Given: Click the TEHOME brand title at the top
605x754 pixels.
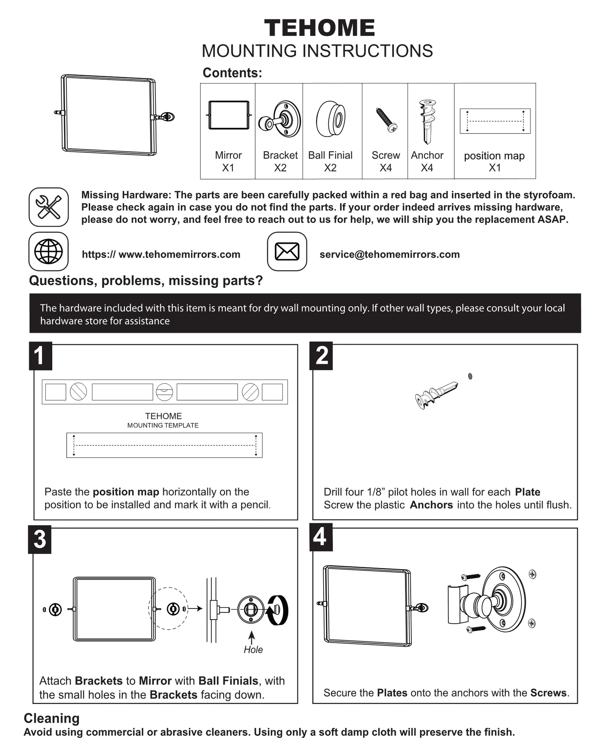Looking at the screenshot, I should click(x=319, y=28).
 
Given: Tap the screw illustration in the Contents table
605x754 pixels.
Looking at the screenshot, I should click(x=386, y=120).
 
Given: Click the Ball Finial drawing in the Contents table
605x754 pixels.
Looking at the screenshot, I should click(x=331, y=119).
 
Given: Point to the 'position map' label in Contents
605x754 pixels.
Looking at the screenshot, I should click(x=494, y=156).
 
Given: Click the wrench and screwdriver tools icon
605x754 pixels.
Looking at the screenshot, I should click(x=49, y=207).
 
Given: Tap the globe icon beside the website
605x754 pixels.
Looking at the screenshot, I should click(x=49, y=251).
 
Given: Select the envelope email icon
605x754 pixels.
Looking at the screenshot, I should click(x=287, y=251).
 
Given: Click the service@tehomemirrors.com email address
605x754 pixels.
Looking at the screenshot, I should click(x=390, y=254).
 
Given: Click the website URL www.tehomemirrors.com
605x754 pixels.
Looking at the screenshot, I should click(x=161, y=254).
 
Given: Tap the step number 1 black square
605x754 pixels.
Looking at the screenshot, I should click(x=40, y=356).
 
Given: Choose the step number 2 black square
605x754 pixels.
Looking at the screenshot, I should click(x=321, y=356).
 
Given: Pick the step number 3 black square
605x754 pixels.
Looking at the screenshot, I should click(x=40, y=540).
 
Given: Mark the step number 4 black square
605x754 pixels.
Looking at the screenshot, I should click(x=320, y=537).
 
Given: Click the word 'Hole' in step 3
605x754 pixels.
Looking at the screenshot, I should click(x=253, y=649).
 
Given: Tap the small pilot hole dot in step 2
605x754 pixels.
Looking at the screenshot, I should click(x=470, y=376).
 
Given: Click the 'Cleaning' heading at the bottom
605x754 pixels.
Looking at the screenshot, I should click(x=52, y=718).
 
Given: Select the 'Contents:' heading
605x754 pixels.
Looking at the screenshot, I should click(x=232, y=73).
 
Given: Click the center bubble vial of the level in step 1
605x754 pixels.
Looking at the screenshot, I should click(x=164, y=392).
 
